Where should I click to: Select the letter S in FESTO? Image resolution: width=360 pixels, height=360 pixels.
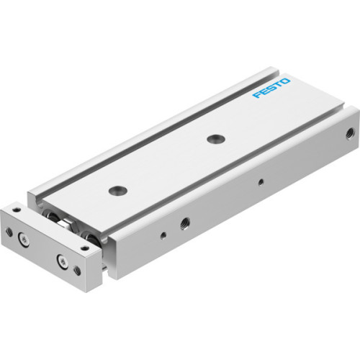[x=271, y=91]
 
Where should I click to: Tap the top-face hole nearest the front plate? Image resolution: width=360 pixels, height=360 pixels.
[x=117, y=191]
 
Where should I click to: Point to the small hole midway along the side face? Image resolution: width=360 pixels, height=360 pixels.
[x=260, y=183]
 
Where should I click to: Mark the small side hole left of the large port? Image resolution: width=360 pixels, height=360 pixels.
[x=163, y=235]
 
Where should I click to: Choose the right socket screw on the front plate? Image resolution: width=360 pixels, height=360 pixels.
[x=60, y=259]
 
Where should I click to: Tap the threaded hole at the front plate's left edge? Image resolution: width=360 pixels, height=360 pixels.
[x=9, y=232]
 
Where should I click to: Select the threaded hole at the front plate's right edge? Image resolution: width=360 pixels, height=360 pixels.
[x=77, y=271]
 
